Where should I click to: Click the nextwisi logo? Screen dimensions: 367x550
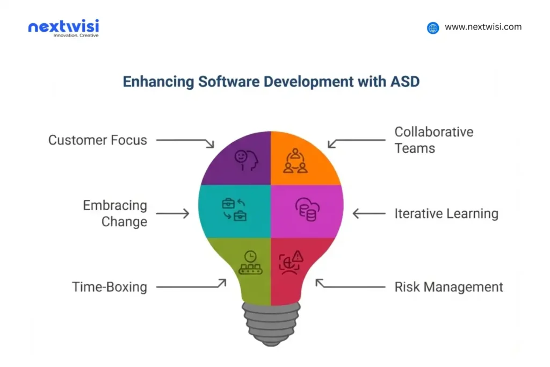[63, 27]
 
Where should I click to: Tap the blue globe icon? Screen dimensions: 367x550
[433, 28]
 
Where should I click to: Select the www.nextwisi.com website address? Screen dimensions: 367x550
[483, 27]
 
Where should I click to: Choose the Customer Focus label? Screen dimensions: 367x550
[97, 140]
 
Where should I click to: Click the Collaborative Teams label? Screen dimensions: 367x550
[433, 140]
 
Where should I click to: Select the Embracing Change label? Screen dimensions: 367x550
[114, 213]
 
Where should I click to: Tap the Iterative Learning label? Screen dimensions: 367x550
[446, 213]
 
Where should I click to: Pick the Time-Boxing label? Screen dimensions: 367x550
[110, 287]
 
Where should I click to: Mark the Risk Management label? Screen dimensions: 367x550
[448, 287]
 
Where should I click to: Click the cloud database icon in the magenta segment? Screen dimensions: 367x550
[307, 208]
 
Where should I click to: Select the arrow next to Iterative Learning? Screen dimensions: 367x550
[368, 213]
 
